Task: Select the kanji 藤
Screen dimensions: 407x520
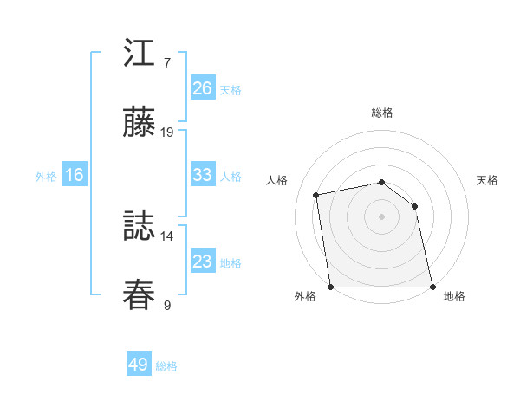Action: (x=139, y=123)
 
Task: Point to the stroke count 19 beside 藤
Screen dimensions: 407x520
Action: (x=167, y=132)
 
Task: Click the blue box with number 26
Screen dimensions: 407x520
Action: (x=202, y=88)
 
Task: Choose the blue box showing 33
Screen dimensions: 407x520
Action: (x=202, y=175)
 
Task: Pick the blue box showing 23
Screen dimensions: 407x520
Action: (x=202, y=262)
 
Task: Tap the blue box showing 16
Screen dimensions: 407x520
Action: (x=74, y=175)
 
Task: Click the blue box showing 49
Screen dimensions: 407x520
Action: (x=139, y=365)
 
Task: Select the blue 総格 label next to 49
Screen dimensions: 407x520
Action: (x=166, y=366)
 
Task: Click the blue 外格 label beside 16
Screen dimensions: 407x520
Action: (x=46, y=177)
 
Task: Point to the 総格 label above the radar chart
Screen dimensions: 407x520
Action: (x=381, y=113)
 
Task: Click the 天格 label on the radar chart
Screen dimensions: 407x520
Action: (x=488, y=180)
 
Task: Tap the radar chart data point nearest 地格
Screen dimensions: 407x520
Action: (x=432, y=287)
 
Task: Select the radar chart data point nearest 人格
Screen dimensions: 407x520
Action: (x=317, y=195)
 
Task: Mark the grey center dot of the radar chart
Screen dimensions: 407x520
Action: (x=381, y=216)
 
